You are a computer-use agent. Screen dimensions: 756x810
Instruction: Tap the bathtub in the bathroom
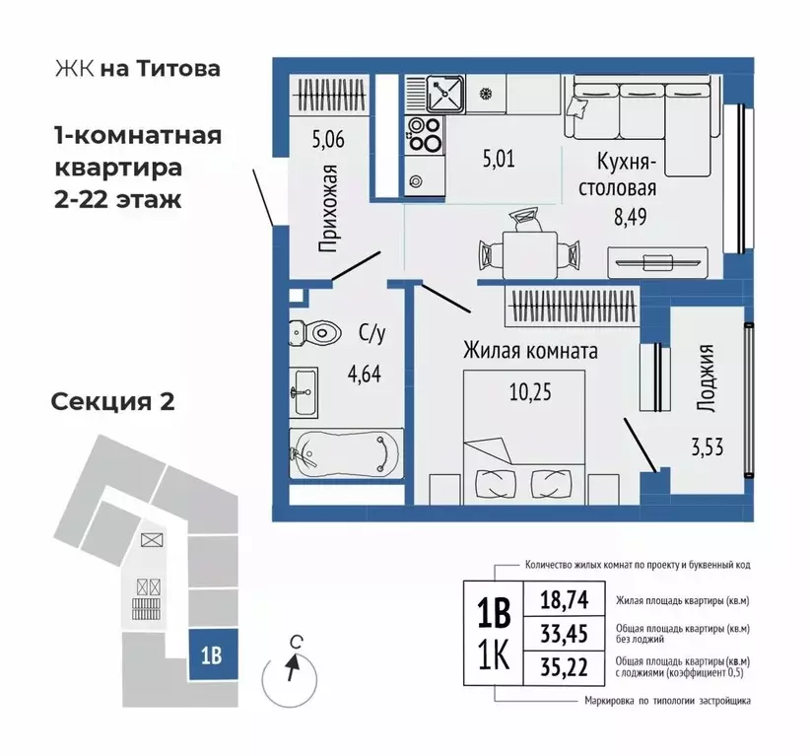345,454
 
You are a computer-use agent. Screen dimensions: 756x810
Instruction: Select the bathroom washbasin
304,391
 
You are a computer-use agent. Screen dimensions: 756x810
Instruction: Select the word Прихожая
329,208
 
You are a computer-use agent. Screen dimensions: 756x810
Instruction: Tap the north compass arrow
290,669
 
